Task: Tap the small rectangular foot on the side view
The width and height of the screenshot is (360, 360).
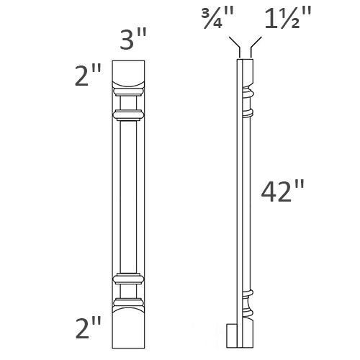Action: click(x=231, y=334)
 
